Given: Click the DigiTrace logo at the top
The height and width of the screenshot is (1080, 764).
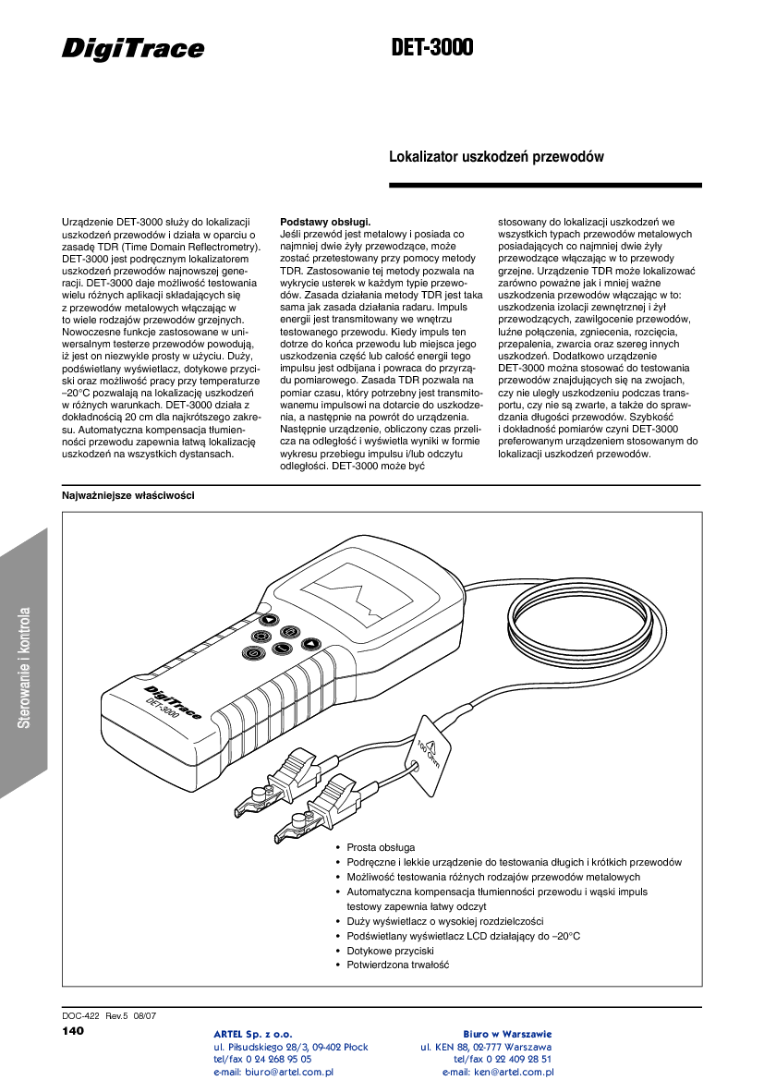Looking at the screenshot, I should (133, 49).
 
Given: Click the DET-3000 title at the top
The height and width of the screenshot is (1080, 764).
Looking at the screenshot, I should (431, 47).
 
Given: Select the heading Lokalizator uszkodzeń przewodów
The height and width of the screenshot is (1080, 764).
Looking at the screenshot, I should (496, 157).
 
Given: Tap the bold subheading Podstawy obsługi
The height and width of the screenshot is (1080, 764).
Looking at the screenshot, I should (325, 223).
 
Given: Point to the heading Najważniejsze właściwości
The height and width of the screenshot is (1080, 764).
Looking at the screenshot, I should (127, 496).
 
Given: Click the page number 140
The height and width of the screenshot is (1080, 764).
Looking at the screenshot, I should (73, 1030).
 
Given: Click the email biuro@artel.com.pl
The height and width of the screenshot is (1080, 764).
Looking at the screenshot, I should (273, 1073).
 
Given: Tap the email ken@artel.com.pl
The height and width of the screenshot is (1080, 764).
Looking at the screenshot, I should (498, 1073).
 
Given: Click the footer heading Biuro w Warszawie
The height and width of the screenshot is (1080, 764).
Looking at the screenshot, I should (507, 1034).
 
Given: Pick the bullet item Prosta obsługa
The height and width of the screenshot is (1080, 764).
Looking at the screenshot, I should (381, 847).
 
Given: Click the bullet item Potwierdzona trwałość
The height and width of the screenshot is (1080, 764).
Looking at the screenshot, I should (397, 965).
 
